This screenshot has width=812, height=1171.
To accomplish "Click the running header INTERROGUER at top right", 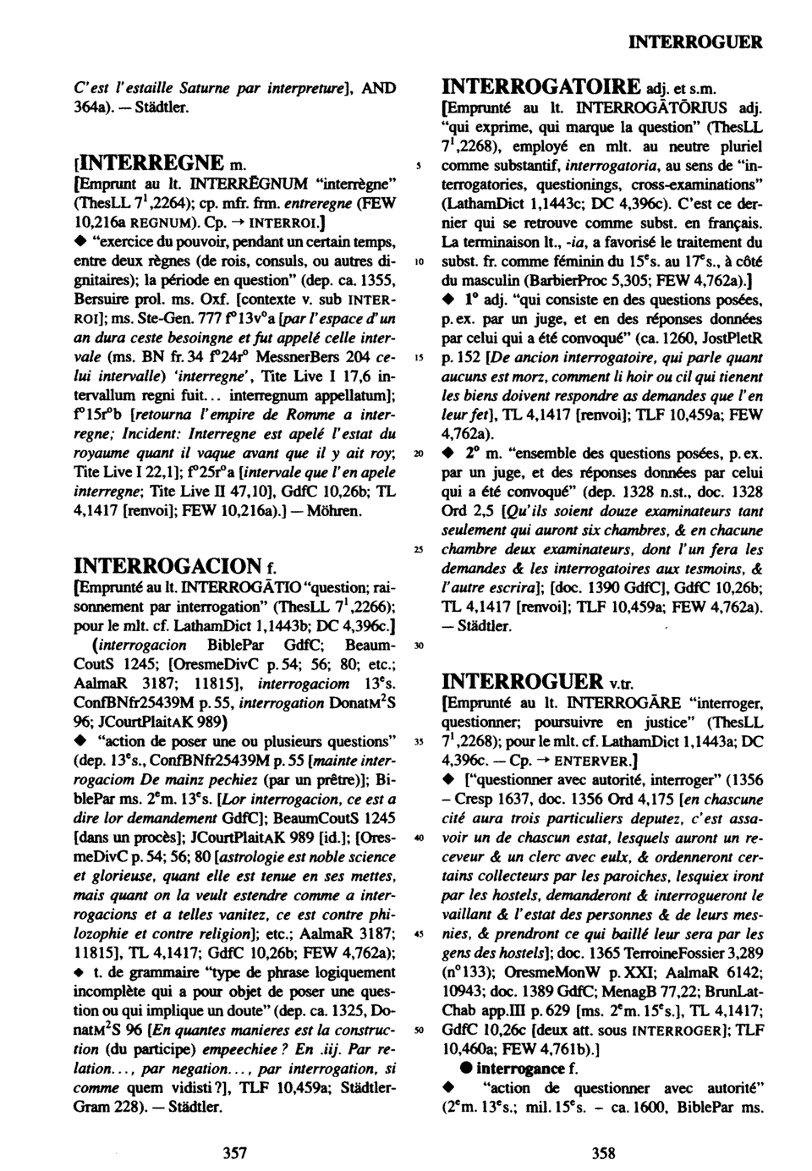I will click(x=696, y=41).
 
